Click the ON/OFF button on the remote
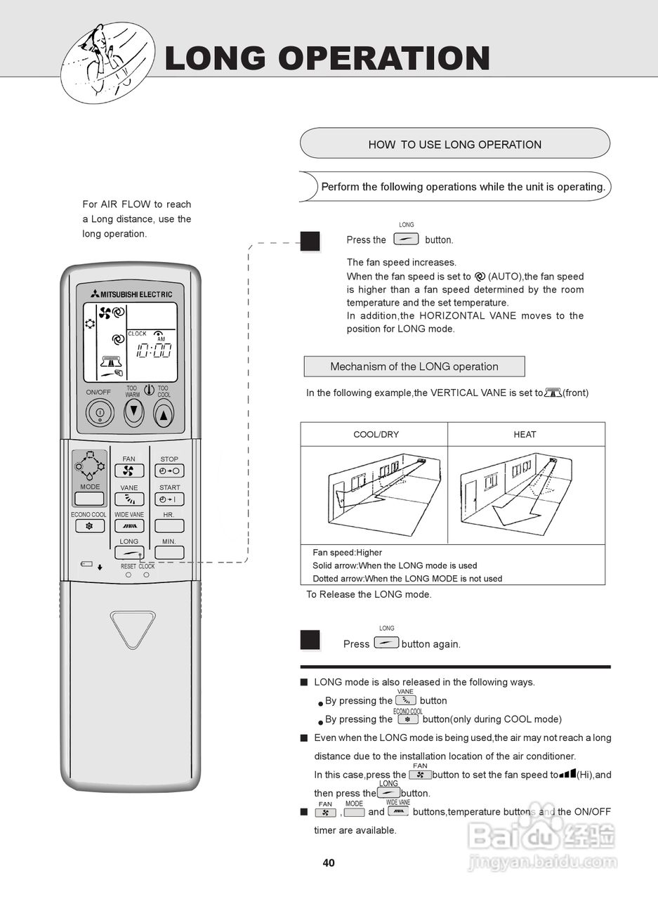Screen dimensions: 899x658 click(100, 413)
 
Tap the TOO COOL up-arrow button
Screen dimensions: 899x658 click(163, 414)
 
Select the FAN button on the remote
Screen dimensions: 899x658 click(129, 471)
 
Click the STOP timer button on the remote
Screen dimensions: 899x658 click(169, 471)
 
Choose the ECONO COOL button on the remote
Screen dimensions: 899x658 click(89, 525)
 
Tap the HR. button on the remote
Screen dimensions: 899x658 click(169, 525)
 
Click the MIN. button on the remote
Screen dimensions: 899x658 click(169, 552)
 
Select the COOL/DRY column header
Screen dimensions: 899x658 click(376, 435)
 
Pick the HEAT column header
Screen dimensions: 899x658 click(525, 435)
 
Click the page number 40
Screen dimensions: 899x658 click(329, 863)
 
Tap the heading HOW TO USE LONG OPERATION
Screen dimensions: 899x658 click(454, 145)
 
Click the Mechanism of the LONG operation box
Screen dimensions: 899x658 click(414, 367)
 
